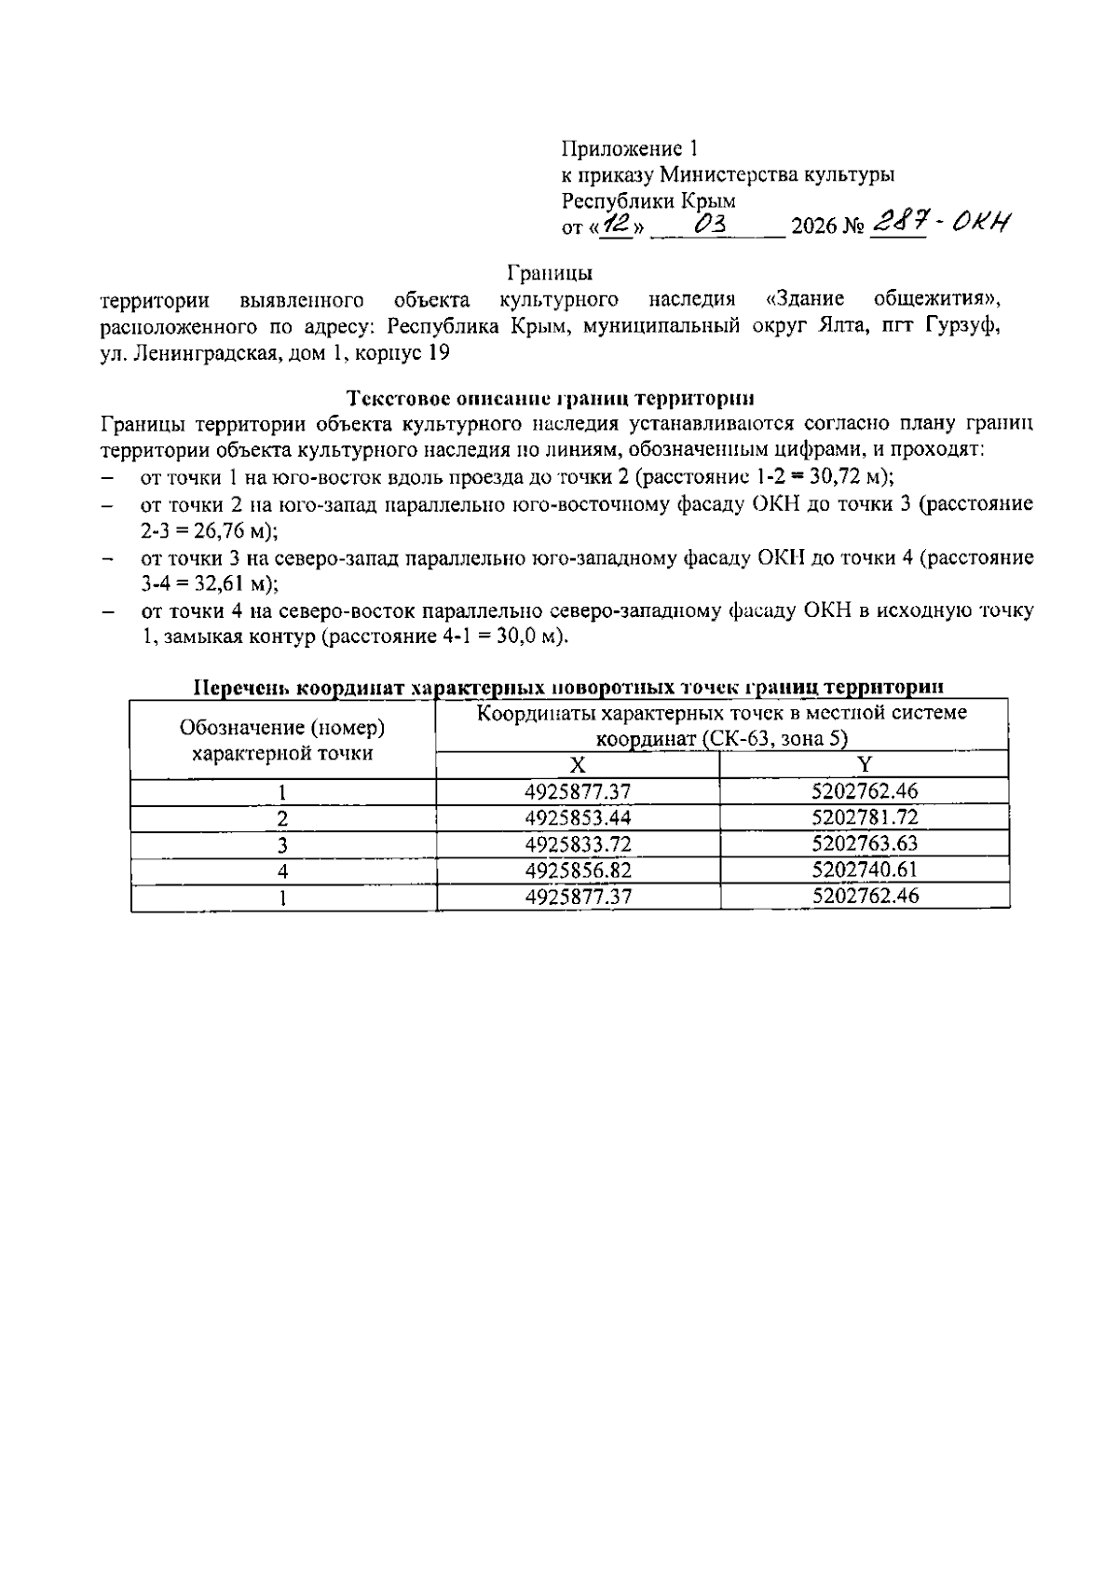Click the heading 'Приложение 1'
(629, 148)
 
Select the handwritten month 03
(717, 225)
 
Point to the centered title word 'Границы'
(551, 273)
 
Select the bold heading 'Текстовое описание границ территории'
(550, 399)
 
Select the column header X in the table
(578, 765)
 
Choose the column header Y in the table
(865, 765)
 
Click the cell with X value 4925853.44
(578, 818)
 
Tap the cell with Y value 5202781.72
(865, 818)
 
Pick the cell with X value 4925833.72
(578, 844)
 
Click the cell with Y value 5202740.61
(865, 870)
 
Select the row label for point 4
(282, 871)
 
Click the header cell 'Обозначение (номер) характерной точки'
(282, 740)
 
